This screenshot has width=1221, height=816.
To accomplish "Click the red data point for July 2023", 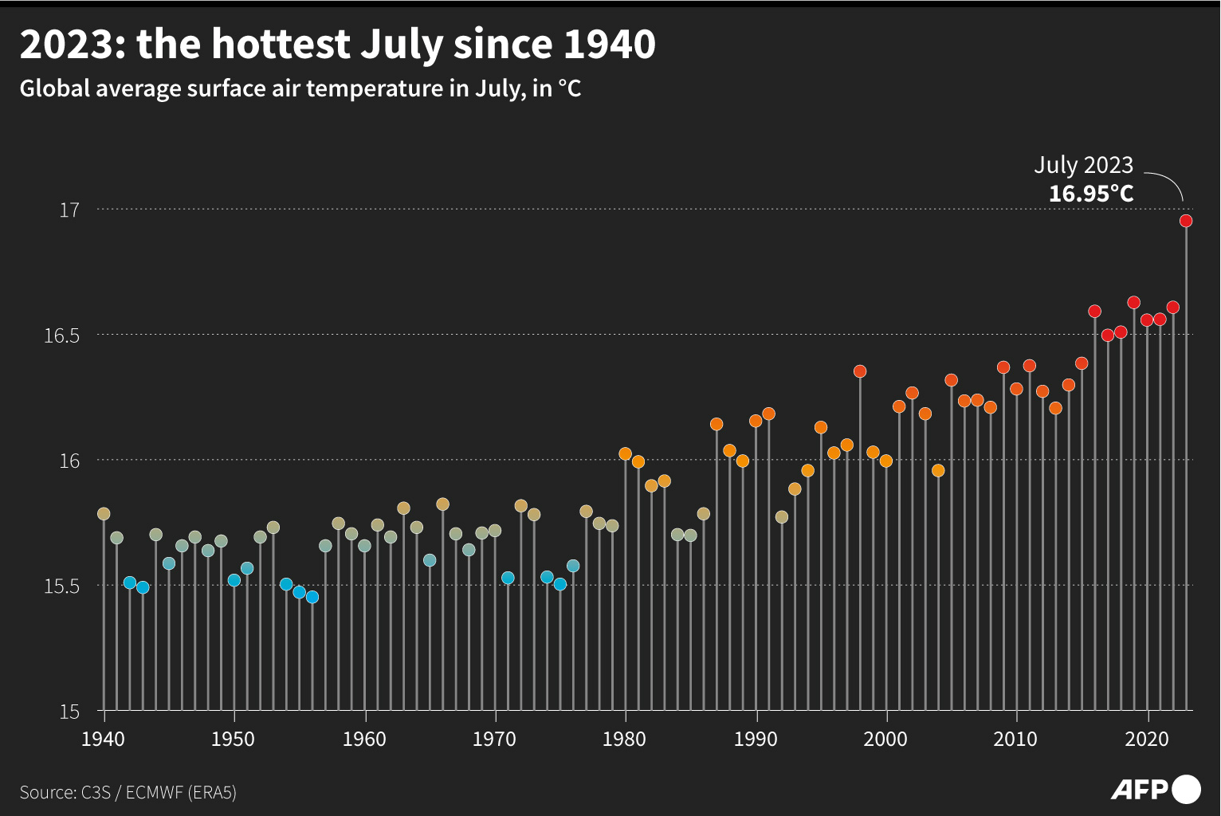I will (x=1186, y=221).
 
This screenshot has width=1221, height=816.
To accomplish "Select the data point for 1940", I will (x=104, y=514).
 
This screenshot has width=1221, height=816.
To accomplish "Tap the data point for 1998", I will (x=860, y=371).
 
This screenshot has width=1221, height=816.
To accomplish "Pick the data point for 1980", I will (x=625, y=454).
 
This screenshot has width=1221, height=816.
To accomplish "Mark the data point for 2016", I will (x=1094, y=312).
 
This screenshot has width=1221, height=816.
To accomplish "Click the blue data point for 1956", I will (x=312, y=597).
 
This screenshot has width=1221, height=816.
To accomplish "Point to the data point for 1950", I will (x=234, y=580).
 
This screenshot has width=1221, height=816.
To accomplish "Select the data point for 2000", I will (x=885, y=461).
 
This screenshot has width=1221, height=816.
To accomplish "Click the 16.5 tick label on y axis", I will (x=61, y=335).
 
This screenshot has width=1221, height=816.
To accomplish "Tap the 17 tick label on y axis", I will (x=69, y=210).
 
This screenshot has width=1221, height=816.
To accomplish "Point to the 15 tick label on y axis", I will (x=69, y=711).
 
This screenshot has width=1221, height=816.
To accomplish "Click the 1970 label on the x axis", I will (x=495, y=739).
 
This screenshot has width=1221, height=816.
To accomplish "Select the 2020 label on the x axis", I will (x=1147, y=739).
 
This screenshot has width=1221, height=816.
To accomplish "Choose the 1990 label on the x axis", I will (x=756, y=739).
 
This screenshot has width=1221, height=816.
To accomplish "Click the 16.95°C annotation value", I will (x=1090, y=194).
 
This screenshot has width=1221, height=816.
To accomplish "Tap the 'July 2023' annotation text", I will (x=1083, y=165).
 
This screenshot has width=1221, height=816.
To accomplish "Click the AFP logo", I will (x=1155, y=790).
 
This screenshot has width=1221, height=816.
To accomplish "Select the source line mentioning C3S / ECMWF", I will (x=128, y=792).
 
